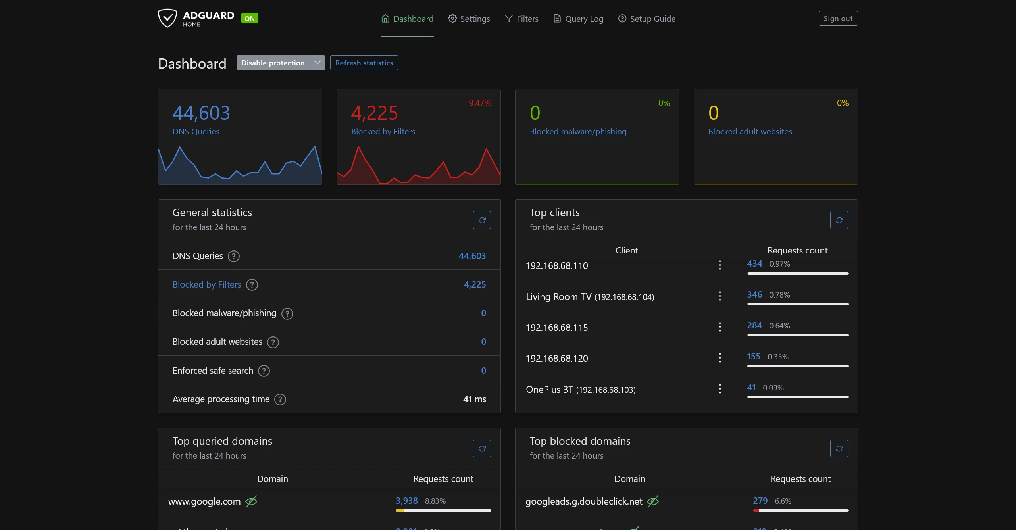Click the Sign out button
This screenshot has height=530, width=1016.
pyautogui.click(x=838, y=19)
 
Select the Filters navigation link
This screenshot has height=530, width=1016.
pyautogui.click(x=521, y=19)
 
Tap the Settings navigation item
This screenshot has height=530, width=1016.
pyautogui.click(x=469, y=19)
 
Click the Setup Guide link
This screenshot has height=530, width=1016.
pyautogui.click(x=647, y=19)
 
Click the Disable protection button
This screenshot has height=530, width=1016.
pyautogui.click(x=273, y=63)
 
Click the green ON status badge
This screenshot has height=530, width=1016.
pyautogui.click(x=250, y=19)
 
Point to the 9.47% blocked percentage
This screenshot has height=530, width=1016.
pyautogui.click(x=480, y=103)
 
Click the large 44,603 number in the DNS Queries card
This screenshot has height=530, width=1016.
pyautogui.click(x=201, y=113)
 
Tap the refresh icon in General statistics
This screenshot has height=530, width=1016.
pyautogui.click(x=482, y=220)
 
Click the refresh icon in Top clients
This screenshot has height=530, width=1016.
pyautogui.click(x=839, y=220)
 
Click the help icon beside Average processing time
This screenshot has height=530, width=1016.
pyautogui.click(x=280, y=399)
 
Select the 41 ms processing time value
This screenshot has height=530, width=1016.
pyautogui.click(x=474, y=399)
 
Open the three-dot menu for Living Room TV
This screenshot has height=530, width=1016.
pyautogui.click(x=720, y=296)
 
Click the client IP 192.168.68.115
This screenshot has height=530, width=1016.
pyautogui.click(x=557, y=328)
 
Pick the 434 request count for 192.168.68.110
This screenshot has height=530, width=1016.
pyautogui.click(x=754, y=264)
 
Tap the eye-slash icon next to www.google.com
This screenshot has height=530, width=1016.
pyautogui.click(x=251, y=501)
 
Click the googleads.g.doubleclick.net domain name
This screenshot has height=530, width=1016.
pyautogui.click(x=584, y=501)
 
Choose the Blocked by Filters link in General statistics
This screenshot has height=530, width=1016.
pyautogui.click(x=207, y=285)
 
